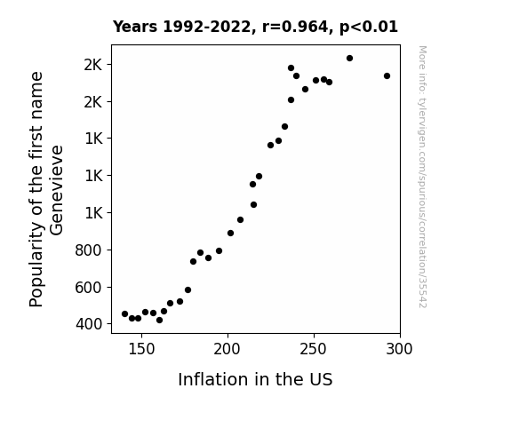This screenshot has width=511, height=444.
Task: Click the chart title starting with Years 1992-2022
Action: click(x=255, y=27)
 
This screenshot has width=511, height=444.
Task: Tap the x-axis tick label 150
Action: click(x=141, y=349)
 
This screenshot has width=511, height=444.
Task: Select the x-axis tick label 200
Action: click(x=227, y=349)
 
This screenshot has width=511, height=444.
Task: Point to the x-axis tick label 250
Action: click(x=313, y=349)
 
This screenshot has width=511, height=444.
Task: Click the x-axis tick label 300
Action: click(x=399, y=349)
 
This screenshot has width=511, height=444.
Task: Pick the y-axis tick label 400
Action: click(x=89, y=324)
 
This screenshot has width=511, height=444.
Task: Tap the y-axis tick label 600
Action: click(x=88, y=288)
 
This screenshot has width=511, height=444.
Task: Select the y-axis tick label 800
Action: click(x=88, y=250)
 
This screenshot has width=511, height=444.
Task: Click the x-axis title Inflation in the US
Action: click(x=255, y=379)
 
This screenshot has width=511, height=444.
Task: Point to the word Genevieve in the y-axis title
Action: click(x=56, y=190)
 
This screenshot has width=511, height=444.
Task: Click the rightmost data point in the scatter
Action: click(x=387, y=75)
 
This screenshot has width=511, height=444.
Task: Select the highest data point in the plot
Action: click(x=349, y=59)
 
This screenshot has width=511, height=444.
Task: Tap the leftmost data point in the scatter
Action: click(x=124, y=314)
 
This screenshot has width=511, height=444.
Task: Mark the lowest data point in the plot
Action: click(x=159, y=321)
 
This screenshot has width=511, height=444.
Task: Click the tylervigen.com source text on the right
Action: click(x=422, y=177)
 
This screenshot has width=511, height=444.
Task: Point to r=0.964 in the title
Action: click(x=296, y=27)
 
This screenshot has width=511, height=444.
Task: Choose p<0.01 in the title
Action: click(x=369, y=27)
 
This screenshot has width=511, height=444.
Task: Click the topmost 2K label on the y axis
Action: click(x=93, y=65)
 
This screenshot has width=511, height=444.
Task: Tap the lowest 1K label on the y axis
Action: click(x=94, y=213)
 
